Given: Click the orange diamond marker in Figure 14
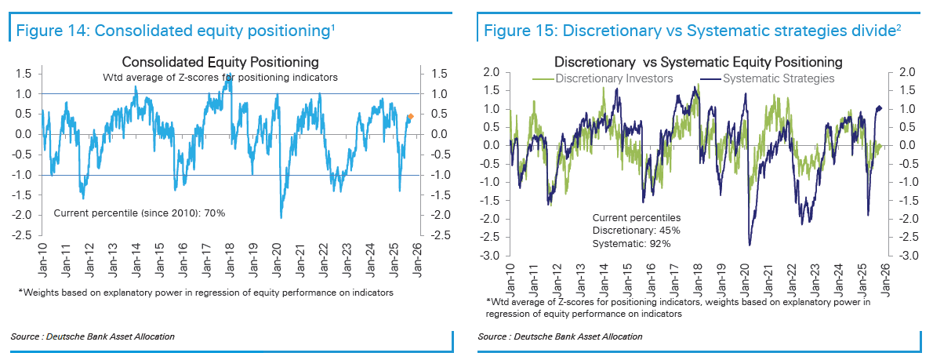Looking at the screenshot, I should tap(411, 117).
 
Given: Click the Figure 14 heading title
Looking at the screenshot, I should tap(172, 31).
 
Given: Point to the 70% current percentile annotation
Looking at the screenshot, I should tap(139, 213).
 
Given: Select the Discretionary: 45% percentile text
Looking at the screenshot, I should tap(636, 231).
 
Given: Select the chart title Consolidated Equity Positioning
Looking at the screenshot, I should tap(220, 62).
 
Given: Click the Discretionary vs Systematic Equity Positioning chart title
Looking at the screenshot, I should tap(698, 61).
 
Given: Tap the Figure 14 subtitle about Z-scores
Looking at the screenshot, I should tap(220, 77).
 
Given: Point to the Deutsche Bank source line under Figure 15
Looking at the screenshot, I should tap(559, 336).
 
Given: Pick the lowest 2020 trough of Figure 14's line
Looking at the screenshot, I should tap(280, 217).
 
